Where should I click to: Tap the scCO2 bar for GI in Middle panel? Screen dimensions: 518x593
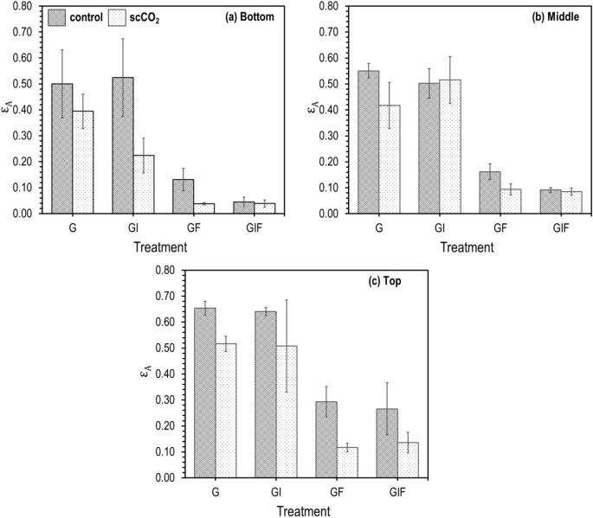coord(451,146)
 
